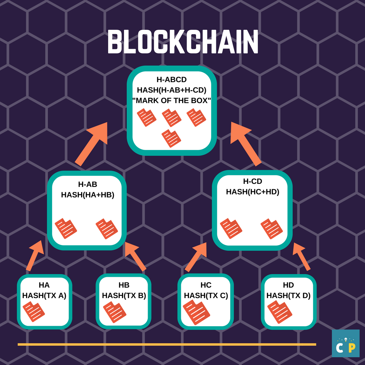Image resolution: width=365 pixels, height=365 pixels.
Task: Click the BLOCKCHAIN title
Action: pos(183,42)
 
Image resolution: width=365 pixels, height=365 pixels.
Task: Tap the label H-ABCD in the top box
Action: pos(172,80)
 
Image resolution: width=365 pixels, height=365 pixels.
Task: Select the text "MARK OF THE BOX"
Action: pos(172,101)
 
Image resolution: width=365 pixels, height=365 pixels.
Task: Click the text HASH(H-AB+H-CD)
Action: pos(172,90)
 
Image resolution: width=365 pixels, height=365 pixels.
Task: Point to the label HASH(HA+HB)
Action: pos(88,195)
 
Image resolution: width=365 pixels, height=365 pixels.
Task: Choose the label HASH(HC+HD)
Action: pos(252,192)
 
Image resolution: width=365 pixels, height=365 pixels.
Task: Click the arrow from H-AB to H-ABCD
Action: pos(91,144)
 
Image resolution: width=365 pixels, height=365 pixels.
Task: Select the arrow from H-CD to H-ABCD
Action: pos(246,144)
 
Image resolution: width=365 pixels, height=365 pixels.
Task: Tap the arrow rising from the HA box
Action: pos(35,255)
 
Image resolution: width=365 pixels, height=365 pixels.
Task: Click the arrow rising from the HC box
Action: pos(196,257)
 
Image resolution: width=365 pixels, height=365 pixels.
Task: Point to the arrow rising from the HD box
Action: pos(302,257)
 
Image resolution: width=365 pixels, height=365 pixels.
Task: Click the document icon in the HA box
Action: pos(34,312)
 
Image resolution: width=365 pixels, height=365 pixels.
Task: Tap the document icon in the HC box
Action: pos(196,312)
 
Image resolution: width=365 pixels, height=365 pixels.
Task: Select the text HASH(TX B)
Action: pos(124,296)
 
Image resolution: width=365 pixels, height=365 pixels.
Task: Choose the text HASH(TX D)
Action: pos(288,296)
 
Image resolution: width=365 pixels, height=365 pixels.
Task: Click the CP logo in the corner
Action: pos(346,343)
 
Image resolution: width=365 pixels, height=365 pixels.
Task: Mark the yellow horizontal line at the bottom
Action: pos(167,344)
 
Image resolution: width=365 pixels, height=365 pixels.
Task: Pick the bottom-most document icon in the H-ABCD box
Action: pos(171,139)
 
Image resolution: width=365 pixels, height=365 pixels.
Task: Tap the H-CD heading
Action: pos(252,181)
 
